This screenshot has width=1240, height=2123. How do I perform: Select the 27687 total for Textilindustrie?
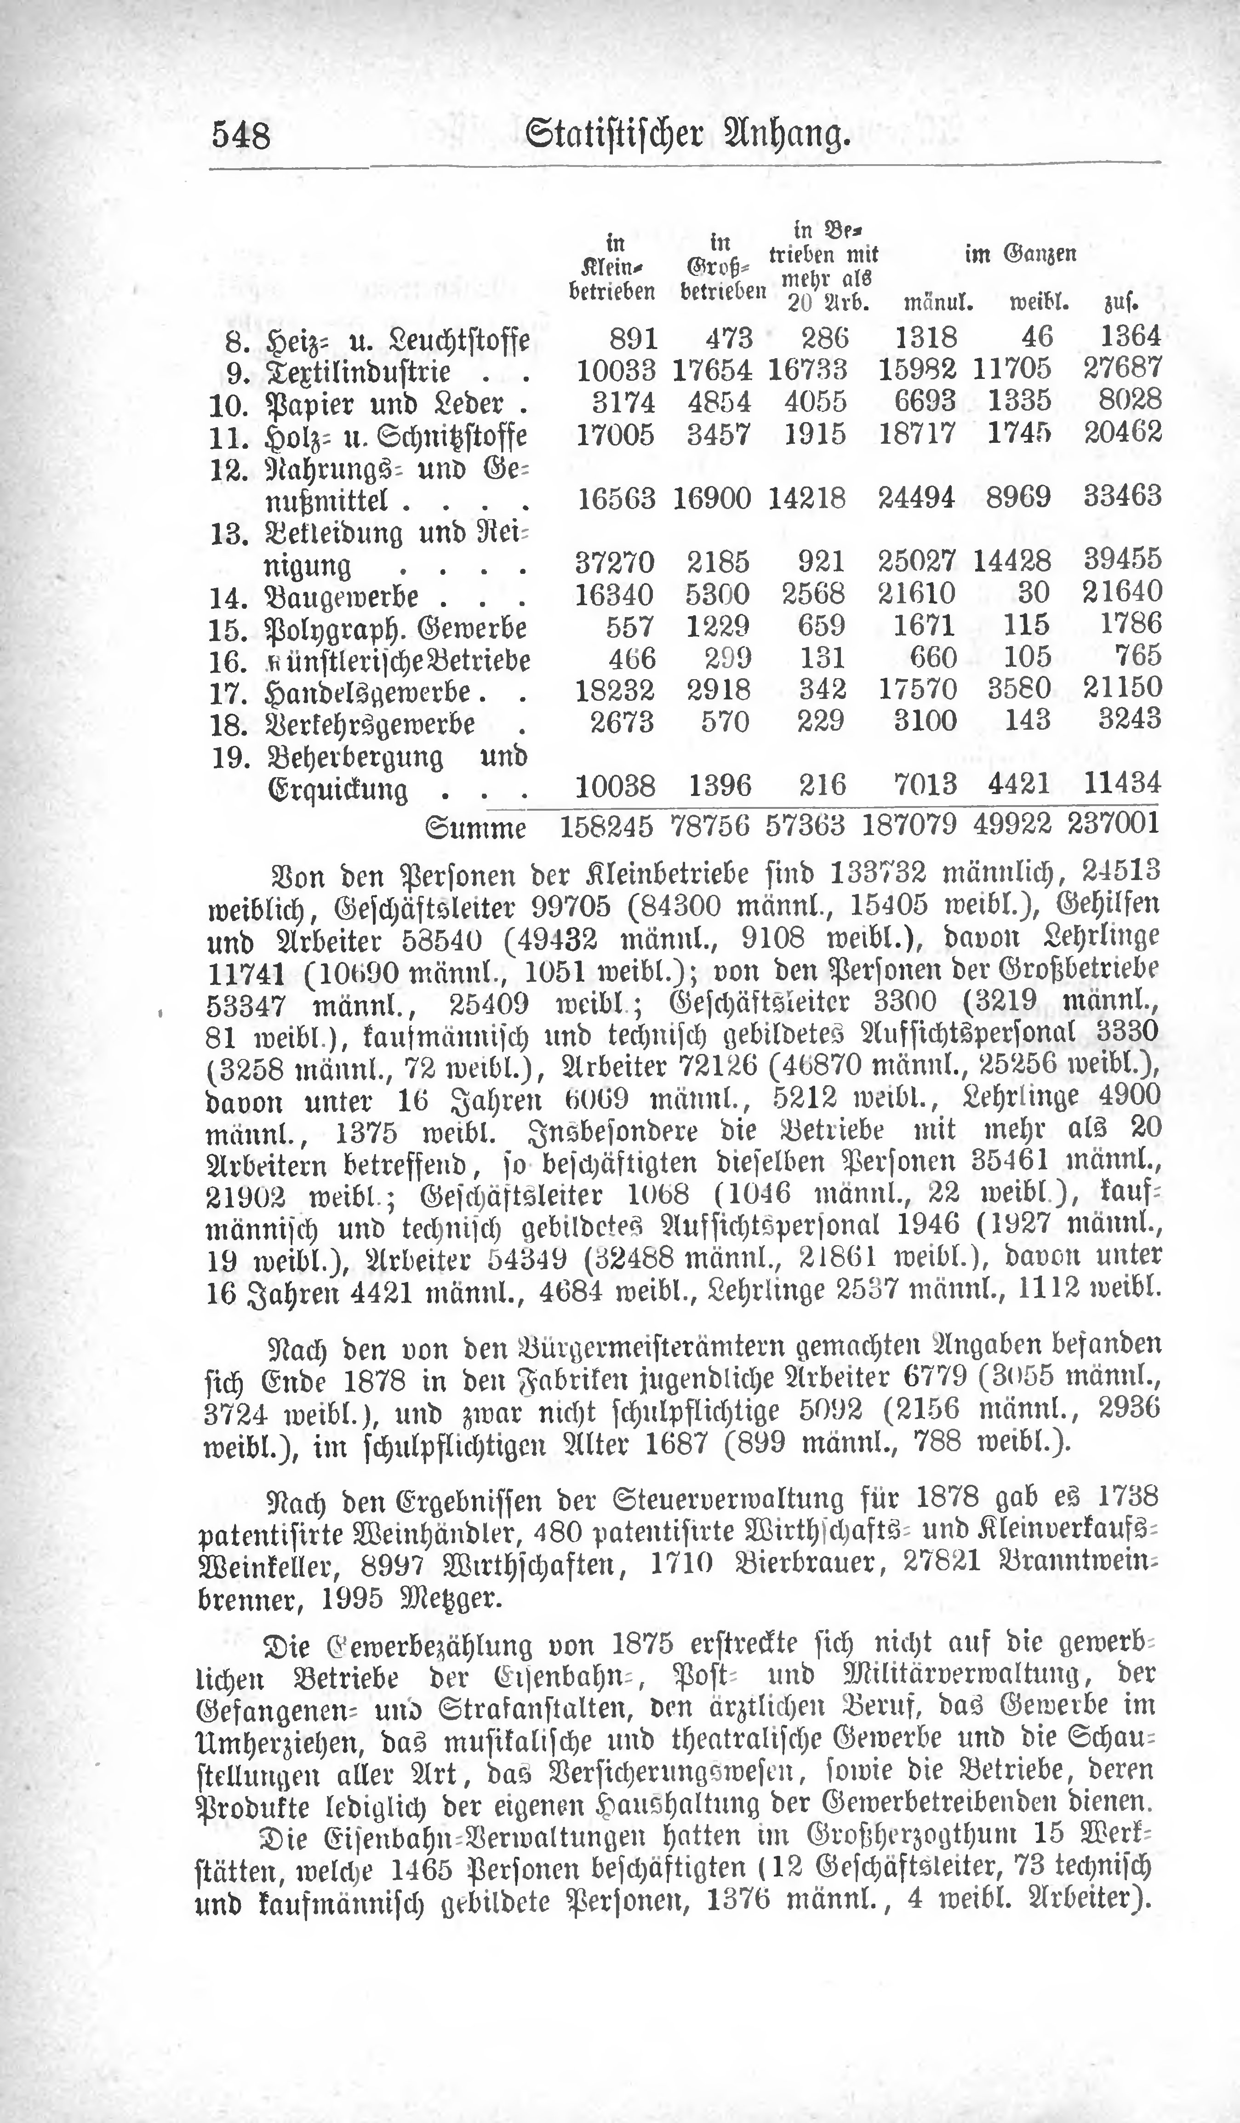[1122, 368]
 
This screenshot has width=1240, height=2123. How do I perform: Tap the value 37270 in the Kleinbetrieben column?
[616, 560]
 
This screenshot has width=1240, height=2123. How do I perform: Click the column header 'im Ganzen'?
[1020, 253]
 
